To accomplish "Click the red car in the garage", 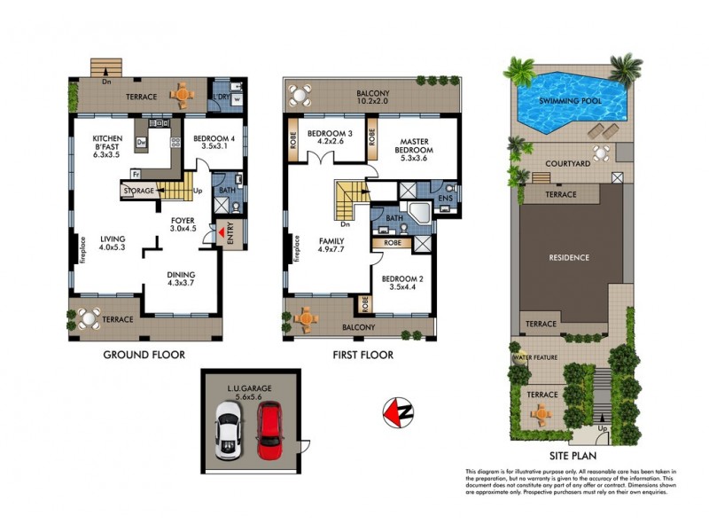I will click(269, 432).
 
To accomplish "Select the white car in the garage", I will click(228, 430).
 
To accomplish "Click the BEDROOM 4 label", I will click(210, 140).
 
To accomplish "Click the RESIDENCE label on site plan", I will click(569, 258).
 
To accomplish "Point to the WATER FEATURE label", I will click(534, 357).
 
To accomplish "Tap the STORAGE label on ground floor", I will click(139, 191).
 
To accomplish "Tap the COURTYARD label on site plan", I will click(568, 164).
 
